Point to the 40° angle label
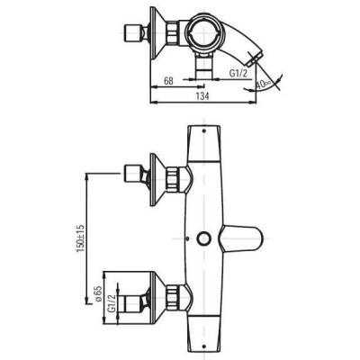(263, 85)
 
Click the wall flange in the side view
(162, 37)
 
